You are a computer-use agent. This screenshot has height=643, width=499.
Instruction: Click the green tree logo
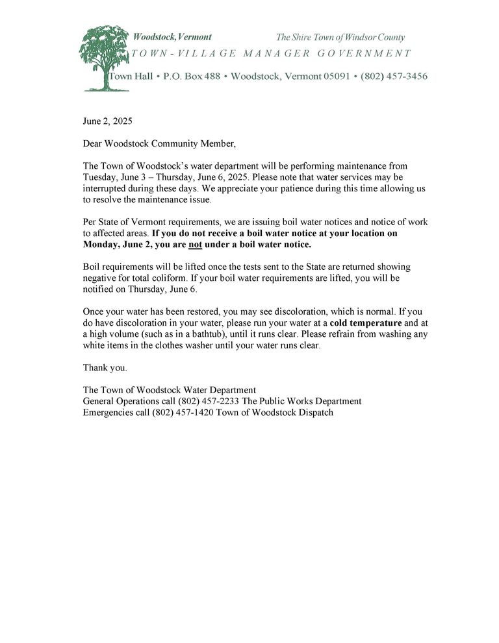click(x=104, y=57)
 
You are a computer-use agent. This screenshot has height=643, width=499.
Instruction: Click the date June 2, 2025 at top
click(x=108, y=121)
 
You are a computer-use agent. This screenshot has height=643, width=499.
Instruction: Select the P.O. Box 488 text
click(x=191, y=77)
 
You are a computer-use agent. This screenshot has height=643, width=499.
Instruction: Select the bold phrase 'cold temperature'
click(x=366, y=322)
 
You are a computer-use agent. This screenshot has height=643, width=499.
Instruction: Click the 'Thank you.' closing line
click(x=105, y=367)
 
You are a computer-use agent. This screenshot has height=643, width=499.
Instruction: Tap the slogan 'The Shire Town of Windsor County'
click(x=340, y=38)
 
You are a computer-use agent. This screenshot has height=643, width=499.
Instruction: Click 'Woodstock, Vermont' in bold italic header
click(x=172, y=37)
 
